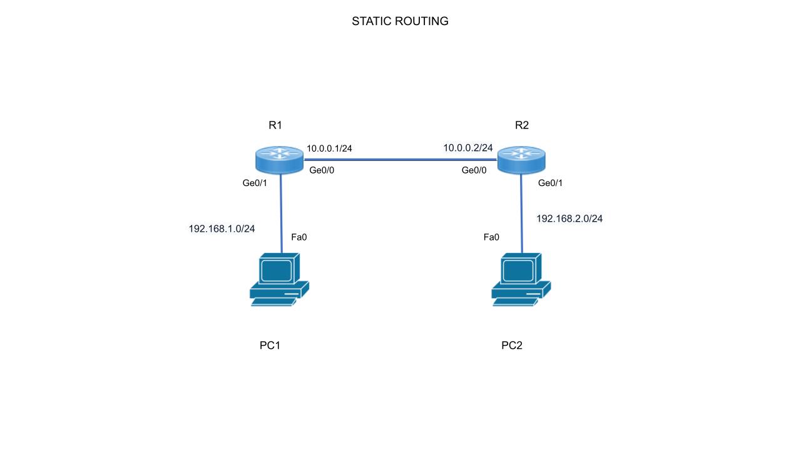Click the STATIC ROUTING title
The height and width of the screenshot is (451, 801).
click(x=400, y=21)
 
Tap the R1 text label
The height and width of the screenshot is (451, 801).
click(x=275, y=125)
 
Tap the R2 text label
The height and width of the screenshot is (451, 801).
click(x=521, y=125)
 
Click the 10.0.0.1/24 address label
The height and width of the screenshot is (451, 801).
click(x=329, y=148)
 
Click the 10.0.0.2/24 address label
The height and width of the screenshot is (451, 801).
click(x=468, y=148)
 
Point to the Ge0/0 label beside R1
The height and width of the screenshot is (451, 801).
click(x=322, y=170)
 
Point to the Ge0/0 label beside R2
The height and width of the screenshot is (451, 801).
click(x=474, y=170)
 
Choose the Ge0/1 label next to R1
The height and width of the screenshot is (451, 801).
click(x=255, y=183)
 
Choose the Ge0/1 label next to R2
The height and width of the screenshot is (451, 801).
click(x=551, y=183)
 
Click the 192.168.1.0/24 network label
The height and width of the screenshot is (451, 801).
click(x=222, y=229)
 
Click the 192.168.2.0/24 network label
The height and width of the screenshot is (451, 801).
click(x=569, y=219)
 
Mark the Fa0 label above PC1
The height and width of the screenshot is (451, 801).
click(x=299, y=237)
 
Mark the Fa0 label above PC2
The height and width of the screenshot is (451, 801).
click(x=491, y=237)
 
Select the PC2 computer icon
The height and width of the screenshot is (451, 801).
click(x=521, y=279)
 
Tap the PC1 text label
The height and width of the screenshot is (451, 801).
click(x=270, y=346)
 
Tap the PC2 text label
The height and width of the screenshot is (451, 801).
click(x=511, y=346)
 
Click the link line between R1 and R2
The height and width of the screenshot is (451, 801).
click(x=400, y=160)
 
